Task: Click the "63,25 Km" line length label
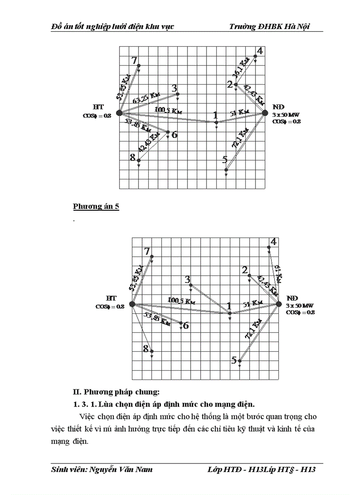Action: [x=146, y=97]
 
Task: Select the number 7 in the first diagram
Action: [x=134, y=61]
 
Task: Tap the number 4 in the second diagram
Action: [x=274, y=242]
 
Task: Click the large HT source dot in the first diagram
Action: [x=119, y=113]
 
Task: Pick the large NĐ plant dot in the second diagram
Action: [x=278, y=304]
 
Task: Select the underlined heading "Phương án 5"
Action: [x=96, y=206]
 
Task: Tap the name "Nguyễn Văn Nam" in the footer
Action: [x=121, y=469]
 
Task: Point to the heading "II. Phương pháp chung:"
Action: [x=116, y=392]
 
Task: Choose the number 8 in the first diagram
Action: [x=132, y=156]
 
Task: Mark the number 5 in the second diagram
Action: [x=234, y=360]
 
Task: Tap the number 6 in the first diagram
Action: [x=174, y=134]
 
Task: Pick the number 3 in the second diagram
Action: [x=187, y=279]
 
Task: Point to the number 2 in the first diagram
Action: [x=230, y=84]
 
